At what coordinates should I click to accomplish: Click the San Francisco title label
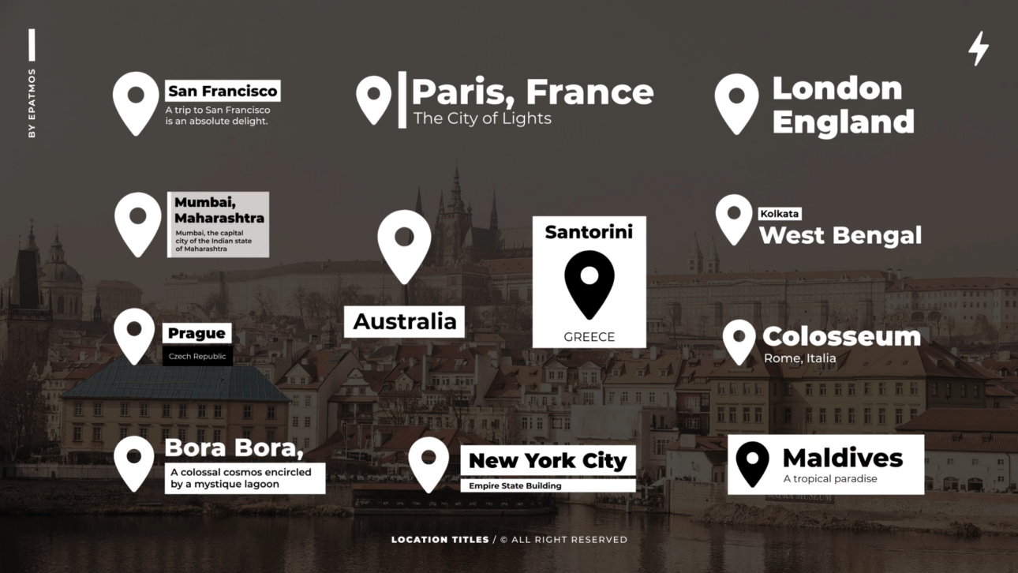click(x=223, y=91)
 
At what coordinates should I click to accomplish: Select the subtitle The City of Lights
click(x=482, y=118)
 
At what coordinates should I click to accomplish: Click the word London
click(x=836, y=88)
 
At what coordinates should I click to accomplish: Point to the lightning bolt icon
click(x=978, y=48)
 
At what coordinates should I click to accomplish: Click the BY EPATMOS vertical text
click(x=32, y=103)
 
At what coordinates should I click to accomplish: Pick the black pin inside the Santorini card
click(x=589, y=283)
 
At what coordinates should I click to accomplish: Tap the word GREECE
click(x=589, y=337)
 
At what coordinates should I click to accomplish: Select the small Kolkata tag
click(x=780, y=214)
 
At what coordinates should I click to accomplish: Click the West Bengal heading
click(x=840, y=235)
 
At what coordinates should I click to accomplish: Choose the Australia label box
click(x=404, y=321)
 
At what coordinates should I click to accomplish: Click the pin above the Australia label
click(x=404, y=244)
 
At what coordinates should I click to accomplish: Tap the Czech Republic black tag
click(x=197, y=357)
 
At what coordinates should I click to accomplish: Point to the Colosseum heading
click(x=841, y=336)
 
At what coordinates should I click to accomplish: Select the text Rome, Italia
click(x=799, y=358)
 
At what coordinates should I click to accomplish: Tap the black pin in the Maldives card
click(x=752, y=463)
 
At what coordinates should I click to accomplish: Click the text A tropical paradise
click(x=830, y=479)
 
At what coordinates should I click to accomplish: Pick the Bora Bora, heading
click(x=234, y=448)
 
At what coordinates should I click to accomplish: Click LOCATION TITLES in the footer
click(x=440, y=540)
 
